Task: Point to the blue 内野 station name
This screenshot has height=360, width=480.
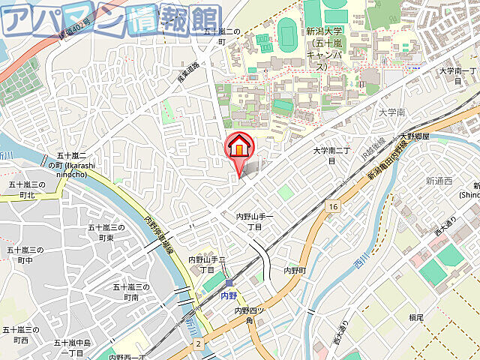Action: (x=229, y=295)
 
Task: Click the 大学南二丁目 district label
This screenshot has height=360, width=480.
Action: (x=331, y=155)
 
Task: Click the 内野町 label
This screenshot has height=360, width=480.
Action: (x=295, y=270)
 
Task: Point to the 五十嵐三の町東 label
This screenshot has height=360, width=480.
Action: (x=106, y=232)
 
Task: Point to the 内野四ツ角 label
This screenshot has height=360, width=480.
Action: (x=250, y=316)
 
